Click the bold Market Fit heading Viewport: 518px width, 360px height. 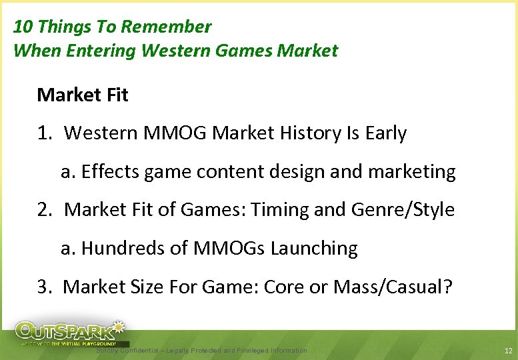click(83, 95)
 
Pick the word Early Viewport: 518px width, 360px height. click(386, 133)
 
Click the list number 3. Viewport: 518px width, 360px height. click(44, 287)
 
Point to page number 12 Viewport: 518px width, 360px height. click(508, 351)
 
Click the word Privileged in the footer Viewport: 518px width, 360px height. click(249, 351)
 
